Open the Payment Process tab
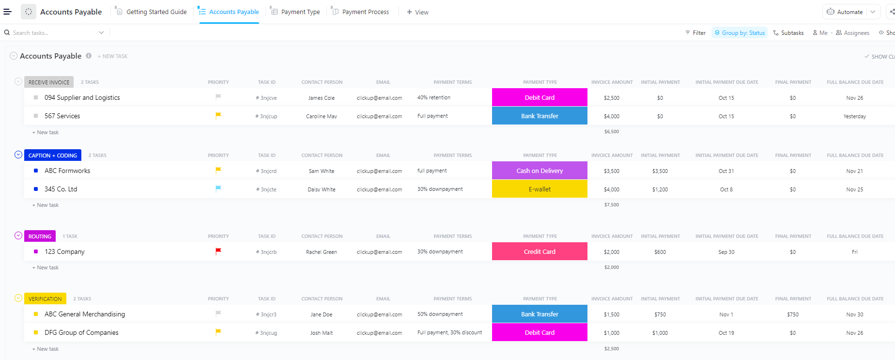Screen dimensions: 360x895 point(365,12)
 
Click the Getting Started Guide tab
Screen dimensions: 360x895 point(156,12)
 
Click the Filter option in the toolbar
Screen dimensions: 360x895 point(695,33)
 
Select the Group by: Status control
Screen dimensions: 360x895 point(740,33)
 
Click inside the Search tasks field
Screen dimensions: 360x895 point(53,33)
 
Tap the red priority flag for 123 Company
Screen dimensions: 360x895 point(218,251)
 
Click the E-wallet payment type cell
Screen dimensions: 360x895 point(540,189)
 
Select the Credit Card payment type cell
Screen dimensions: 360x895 point(540,251)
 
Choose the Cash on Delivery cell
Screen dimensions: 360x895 point(540,171)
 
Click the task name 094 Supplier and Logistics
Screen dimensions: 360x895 point(82,97)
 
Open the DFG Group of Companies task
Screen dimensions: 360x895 point(81,332)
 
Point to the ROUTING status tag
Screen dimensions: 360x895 point(40,236)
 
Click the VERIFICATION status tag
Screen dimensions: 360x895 point(45,299)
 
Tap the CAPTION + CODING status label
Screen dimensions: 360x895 point(53,156)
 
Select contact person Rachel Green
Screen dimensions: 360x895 point(322,252)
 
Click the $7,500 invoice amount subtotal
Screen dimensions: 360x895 point(611,205)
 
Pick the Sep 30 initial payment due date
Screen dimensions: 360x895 point(726,252)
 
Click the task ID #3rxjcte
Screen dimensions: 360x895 point(266,189)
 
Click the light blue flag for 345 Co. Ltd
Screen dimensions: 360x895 point(218,188)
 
